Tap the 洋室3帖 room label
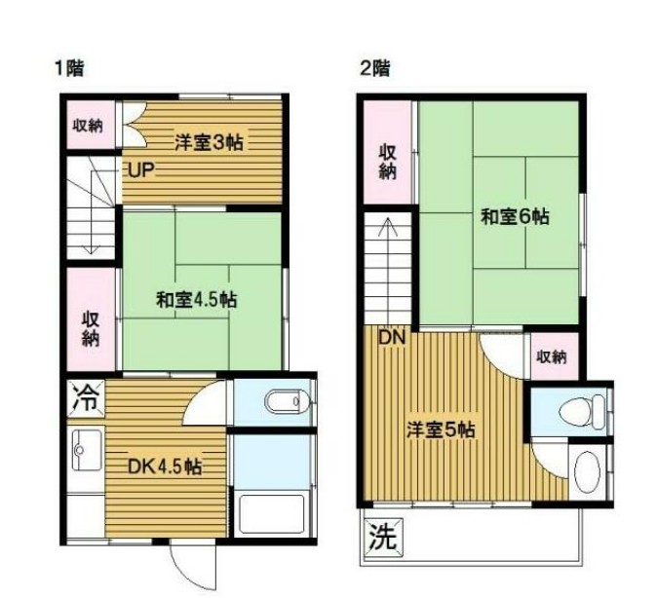(209, 142)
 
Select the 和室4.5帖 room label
(196, 300)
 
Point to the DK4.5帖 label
(166, 467)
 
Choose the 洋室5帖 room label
(441, 430)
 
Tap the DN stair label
(391, 338)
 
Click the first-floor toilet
(287, 401)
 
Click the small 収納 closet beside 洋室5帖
(553, 355)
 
